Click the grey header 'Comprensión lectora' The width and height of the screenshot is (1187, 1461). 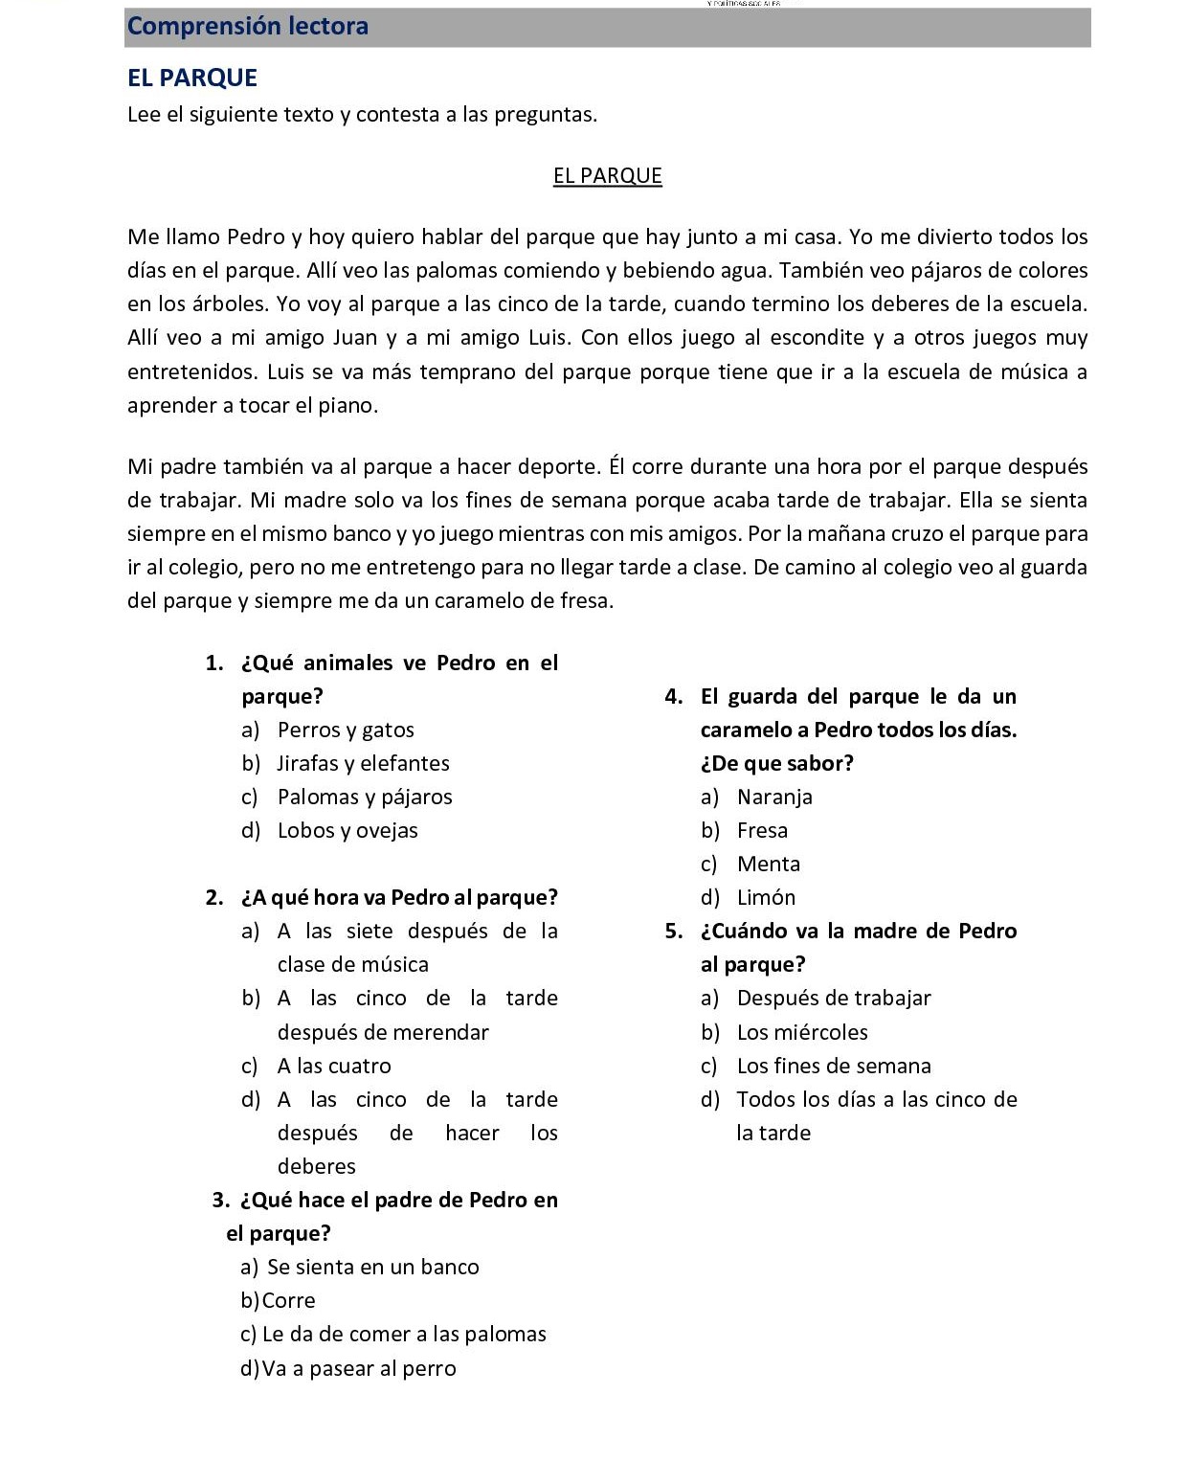[x=247, y=27]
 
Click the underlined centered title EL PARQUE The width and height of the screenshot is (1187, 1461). [x=607, y=176]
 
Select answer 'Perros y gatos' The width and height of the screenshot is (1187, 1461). [x=346, y=730]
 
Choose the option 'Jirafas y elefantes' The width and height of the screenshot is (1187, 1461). [x=363, y=764]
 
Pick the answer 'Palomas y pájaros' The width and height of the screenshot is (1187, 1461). [x=365, y=798]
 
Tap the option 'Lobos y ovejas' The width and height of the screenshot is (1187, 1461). [x=347, y=831]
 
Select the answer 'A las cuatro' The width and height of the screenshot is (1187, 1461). [x=334, y=1067]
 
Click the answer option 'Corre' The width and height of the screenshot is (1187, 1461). [x=288, y=1301]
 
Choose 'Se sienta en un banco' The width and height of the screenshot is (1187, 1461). [x=372, y=1268]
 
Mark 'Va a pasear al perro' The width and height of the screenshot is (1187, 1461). [x=359, y=1369]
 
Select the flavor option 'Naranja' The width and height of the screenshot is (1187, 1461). [x=774, y=798]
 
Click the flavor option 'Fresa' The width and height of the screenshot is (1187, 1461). [x=762, y=831]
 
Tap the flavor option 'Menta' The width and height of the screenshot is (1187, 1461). [x=768, y=865]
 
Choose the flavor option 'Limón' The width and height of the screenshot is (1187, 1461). [x=766, y=898]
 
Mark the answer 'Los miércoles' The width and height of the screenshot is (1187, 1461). [x=802, y=1033]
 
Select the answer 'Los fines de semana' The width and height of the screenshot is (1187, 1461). [x=834, y=1067]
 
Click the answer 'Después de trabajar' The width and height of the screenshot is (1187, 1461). [x=834, y=999]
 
